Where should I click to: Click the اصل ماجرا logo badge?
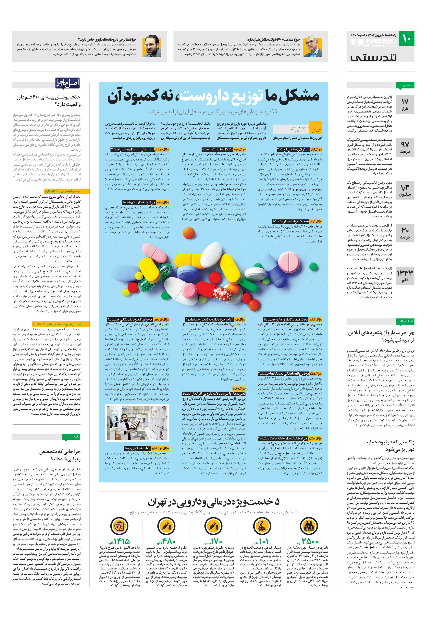click(x=68, y=83)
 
